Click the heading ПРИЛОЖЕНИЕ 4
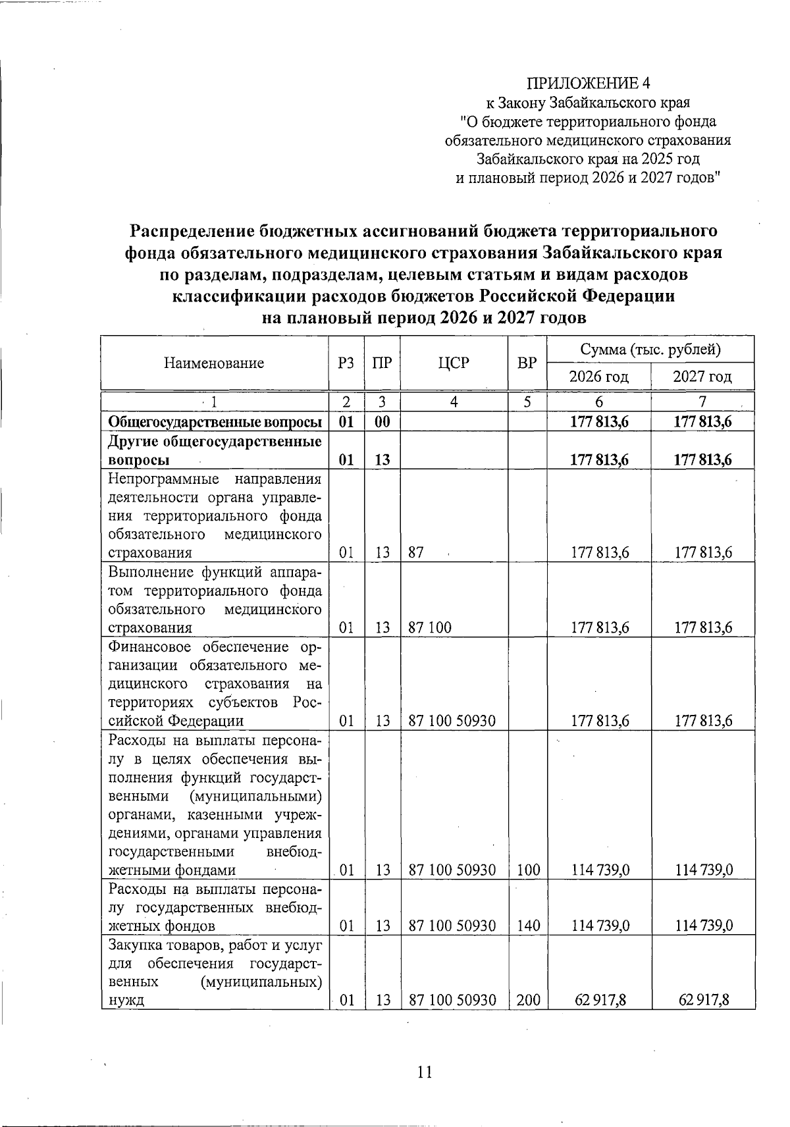coord(587,83)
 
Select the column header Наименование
coord(214,363)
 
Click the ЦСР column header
coord(454,363)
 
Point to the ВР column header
coord(527,363)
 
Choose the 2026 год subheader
coord(598,377)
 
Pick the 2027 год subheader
coord(702,377)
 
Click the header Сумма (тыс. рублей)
coord(650,349)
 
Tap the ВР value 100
coord(528,870)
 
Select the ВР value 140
coord(528,926)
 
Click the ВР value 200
coord(528,1000)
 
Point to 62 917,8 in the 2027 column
coord(704,1000)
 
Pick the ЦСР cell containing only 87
coord(415,552)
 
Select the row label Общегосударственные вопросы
coord(214,422)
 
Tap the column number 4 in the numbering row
coord(454,402)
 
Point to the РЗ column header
coord(346,363)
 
